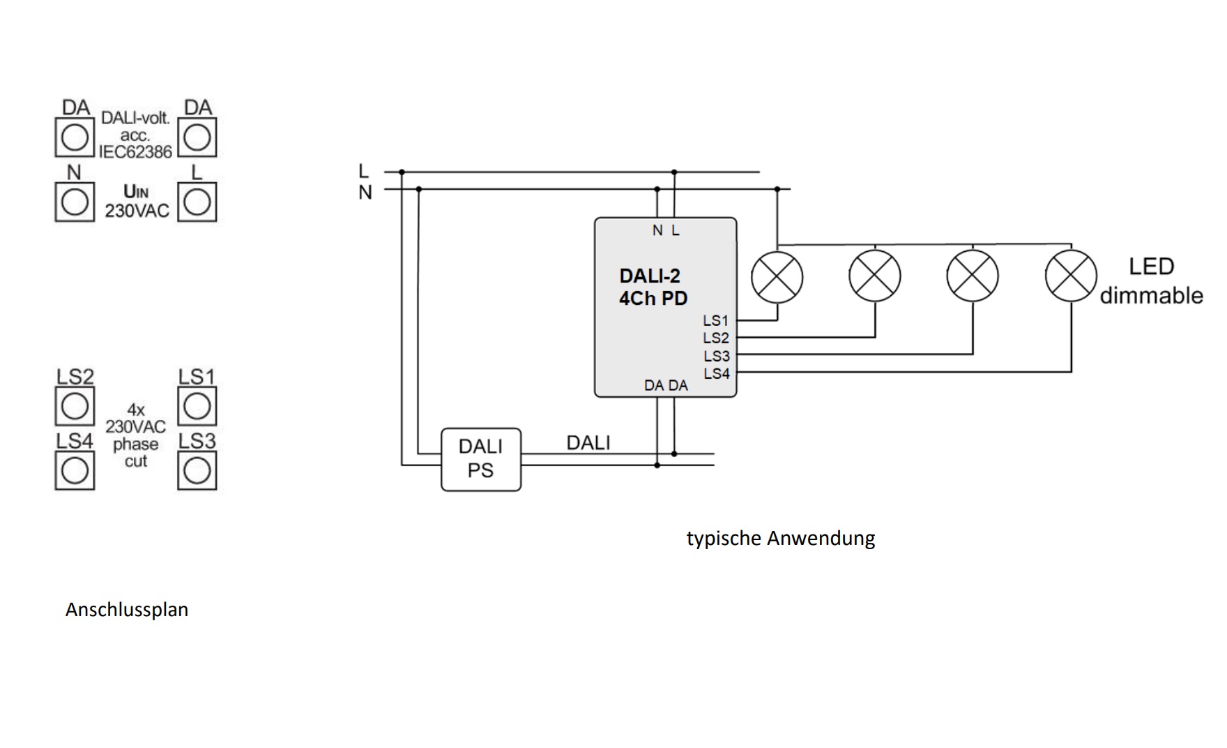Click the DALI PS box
pos(481,459)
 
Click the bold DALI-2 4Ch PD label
pos(653,287)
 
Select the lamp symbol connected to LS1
pos(777,276)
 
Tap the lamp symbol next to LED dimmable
pos(1071,276)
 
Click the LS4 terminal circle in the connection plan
pos(75,470)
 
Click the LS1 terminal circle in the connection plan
pos(197,406)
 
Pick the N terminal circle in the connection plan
pos(75,202)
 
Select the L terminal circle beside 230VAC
pos(197,202)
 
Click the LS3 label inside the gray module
pos(716,356)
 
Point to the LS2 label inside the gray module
pos(716,338)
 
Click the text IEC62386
pos(135,152)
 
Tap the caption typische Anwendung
pos(780,538)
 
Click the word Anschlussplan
pos(127,609)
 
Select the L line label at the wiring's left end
pos(363,171)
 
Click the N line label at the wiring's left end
pos(365,193)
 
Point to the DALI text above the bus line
pos(588,443)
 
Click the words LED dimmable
pos(1151,280)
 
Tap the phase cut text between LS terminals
pos(135,452)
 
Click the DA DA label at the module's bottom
pos(666,385)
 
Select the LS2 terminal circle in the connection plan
pos(75,406)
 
